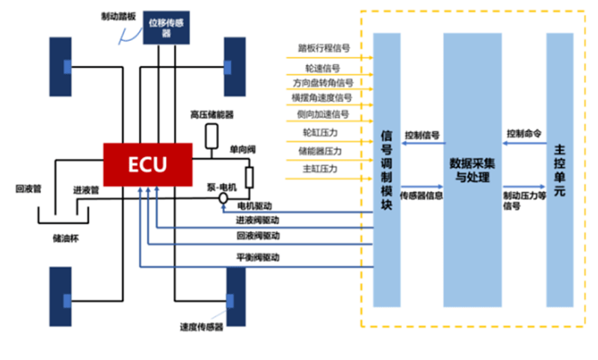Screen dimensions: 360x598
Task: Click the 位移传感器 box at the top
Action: [x=167, y=28]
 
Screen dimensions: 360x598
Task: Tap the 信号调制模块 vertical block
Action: [x=386, y=170]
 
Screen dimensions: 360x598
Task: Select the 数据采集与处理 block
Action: [x=472, y=170]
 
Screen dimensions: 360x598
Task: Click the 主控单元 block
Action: [x=559, y=170]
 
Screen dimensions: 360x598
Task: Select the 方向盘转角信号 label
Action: [x=323, y=82]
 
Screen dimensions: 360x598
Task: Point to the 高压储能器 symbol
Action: [x=212, y=135]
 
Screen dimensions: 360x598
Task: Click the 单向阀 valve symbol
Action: [x=249, y=177]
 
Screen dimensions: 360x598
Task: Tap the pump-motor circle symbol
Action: [x=223, y=199]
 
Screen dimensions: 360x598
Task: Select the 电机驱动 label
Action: [x=254, y=205]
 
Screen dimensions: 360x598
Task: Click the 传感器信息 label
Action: [x=422, y=196]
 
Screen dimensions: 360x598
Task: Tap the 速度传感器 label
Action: [x=201, y=326]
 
